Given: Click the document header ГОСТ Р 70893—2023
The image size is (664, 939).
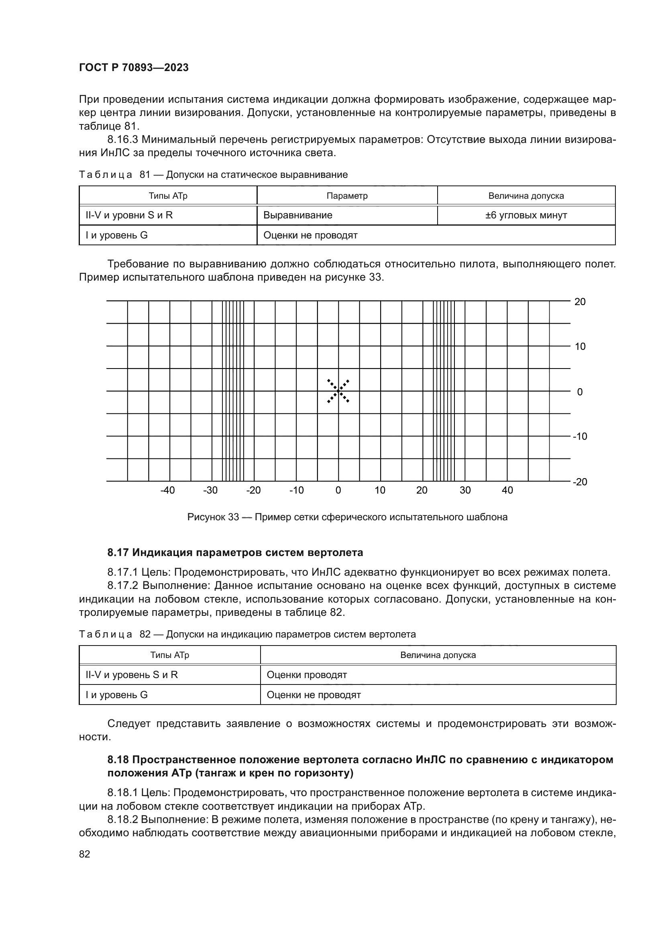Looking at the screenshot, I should tap(134, 67).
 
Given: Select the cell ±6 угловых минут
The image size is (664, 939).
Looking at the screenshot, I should tap(526, 215).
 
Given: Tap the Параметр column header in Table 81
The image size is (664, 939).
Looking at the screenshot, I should tap(347, 196).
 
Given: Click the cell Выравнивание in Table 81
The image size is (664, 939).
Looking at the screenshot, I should tap(297, 215).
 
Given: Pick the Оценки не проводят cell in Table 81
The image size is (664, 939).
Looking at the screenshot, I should tap(310, 235).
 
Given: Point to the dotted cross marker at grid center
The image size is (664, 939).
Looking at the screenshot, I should tap(338, 391).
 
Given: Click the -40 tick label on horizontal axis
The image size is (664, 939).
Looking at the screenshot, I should tap(167, 490).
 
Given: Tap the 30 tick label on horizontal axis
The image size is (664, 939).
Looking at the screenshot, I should tap(465, 490).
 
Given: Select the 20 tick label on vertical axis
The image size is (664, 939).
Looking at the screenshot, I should tap(580, 302).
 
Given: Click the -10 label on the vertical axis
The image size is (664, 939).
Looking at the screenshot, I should tap(580, 436).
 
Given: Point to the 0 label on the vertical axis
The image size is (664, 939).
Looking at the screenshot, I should tap(580, 392).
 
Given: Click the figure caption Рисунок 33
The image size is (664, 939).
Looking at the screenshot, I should tap(347, 517).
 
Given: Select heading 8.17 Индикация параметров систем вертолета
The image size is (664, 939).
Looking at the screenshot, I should tap(235, 552).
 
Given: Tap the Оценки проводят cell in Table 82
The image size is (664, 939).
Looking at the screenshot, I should tap(307, 675).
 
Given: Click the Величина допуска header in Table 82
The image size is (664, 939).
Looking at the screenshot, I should tap(438, 655).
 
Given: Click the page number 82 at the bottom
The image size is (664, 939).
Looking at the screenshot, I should tap(85, 854).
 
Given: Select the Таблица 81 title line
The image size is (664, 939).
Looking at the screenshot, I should tap(213, 175).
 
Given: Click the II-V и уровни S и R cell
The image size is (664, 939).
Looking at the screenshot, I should tap(129, 215).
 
